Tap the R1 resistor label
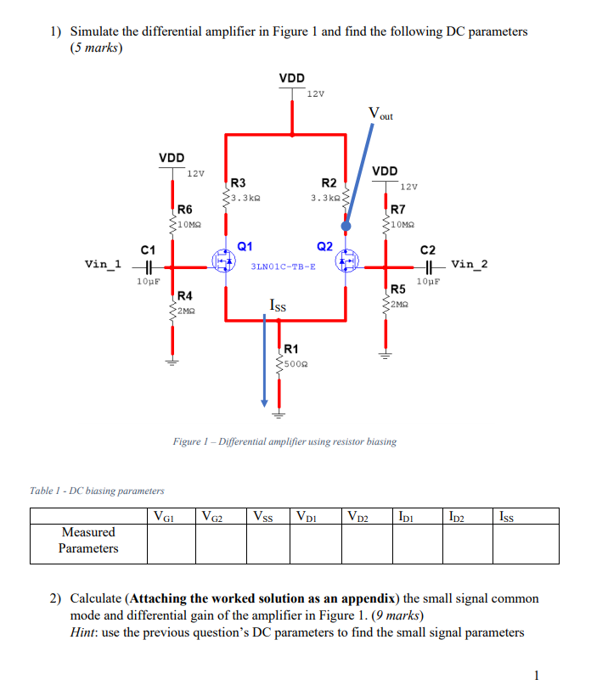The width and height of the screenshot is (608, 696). click(290, 348)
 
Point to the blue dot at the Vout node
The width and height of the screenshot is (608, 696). click(346, 227)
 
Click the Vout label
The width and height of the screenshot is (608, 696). click(380, 113)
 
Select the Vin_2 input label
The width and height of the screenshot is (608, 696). click(470, 264)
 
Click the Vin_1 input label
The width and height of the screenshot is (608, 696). click(104, 264)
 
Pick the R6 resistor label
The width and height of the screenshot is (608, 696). click(184, 209)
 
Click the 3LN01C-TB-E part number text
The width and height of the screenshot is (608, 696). click(284, 266)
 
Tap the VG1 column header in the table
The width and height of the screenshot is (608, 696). click(161, 515)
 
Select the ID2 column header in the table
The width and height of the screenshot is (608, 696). click(458, 515)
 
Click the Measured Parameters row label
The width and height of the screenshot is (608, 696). click(88, 540)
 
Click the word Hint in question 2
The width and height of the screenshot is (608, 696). click(83, 632)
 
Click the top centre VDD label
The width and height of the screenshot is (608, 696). click(291, 78)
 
